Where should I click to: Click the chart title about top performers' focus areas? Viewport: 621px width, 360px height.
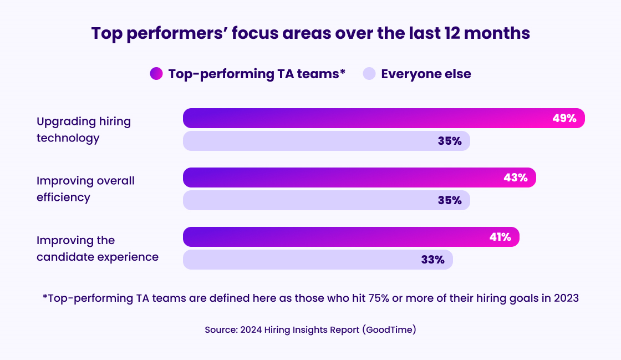pyautogui.click(x=310, y=33)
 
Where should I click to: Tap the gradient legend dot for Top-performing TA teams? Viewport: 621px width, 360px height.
pyautogui.click(x=156, y=74)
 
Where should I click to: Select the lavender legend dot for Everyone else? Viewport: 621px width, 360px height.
pyautogui.click(x=369, y=74)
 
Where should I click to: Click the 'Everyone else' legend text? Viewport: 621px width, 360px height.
pyautogui.click(x=426, y=74)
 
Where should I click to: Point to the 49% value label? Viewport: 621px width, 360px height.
pyautogui.click(x=564, y=118)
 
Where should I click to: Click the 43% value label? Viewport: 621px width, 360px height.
pyautogui.click(x=515, y=178)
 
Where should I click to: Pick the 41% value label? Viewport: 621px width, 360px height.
pyautogui.click(x=500, y=237)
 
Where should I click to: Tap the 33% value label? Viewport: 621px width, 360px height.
pyautogui.click(x=432, y=260)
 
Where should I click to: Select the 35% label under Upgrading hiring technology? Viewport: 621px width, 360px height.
pyautogui.click(x=450, y=141)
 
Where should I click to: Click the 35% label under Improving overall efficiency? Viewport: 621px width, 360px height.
pyautogui.click(x=450, y=200)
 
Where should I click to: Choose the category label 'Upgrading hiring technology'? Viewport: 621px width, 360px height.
pyautogui.click(x=83, y=130)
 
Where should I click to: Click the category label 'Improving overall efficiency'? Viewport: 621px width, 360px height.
pyautogui.click(x=85, y=189)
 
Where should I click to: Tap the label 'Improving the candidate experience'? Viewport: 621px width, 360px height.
pyautogui.click(x=98, y=249)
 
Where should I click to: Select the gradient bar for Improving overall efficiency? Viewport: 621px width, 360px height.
pyautogui.click(x=344, y=178)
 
